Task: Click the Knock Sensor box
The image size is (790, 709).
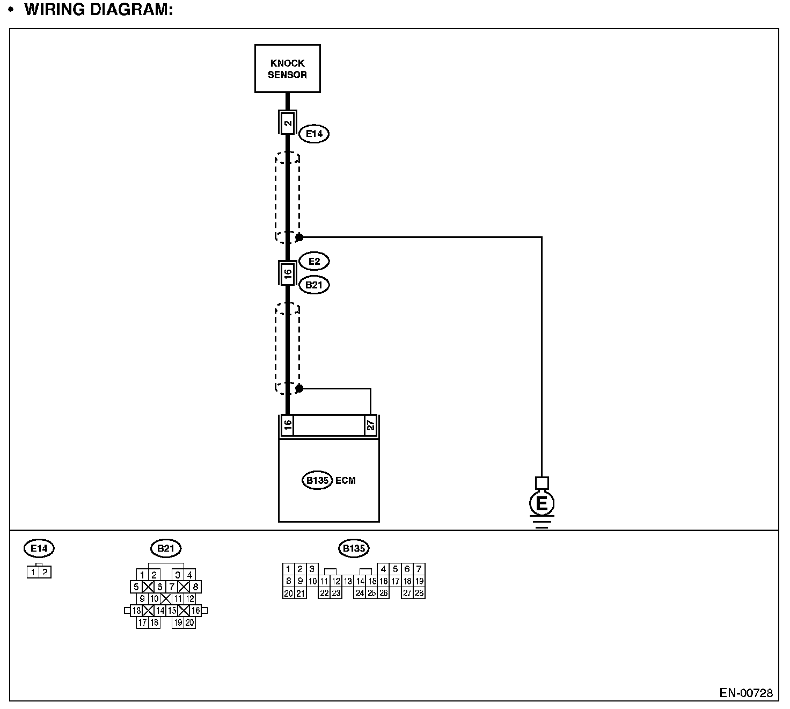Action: pos(287,69)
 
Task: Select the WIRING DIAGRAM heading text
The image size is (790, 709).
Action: pos(99,10)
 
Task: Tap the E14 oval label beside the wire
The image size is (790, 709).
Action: pos(314,134)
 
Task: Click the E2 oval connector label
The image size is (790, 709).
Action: pos(314,262)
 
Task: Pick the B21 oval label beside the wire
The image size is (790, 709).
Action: pos(314,285)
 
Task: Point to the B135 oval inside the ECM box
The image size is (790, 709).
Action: pos(317,480)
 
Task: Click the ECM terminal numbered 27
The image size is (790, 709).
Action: pos(370,425)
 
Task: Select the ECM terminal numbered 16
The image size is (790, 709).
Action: pos(288,425)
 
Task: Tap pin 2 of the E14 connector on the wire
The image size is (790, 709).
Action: pos(288,123)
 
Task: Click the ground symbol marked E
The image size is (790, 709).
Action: pos(542,504)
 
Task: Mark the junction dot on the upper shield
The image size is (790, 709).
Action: pos(299,237)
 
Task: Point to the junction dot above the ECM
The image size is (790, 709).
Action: pos(299,388)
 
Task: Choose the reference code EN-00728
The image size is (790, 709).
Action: pos(746,693)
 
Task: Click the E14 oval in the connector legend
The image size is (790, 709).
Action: pos(39,548)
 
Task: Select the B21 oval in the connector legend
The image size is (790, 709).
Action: pos(166,548)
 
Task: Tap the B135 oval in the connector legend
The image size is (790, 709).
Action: pos(354,548)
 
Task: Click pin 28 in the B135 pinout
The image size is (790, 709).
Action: pos(419,593)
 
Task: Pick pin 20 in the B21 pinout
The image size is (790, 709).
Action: pos(189,623)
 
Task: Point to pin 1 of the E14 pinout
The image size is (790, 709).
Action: pos(33,573)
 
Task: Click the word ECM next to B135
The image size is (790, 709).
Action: pos(346,480)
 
